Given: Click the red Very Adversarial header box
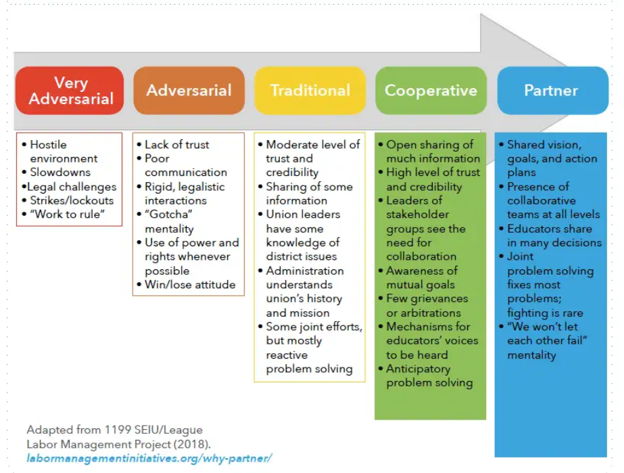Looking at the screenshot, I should pos(70,91).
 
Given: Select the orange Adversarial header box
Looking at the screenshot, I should pos(189,91).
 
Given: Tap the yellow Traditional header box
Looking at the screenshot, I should pos(310,91).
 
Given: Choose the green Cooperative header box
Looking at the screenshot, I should pos(431,91).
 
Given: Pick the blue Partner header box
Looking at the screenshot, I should pos(552,91).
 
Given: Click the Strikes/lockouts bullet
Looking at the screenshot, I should pos(71,200).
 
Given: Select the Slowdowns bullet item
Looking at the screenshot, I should pos(59,173).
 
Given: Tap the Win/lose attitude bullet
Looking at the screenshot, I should pos(190,284).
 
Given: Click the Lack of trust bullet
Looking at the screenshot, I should pos(176,145).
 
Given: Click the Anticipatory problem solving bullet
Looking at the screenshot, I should pos(429,376).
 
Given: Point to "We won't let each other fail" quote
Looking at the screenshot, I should pos(546,341).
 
